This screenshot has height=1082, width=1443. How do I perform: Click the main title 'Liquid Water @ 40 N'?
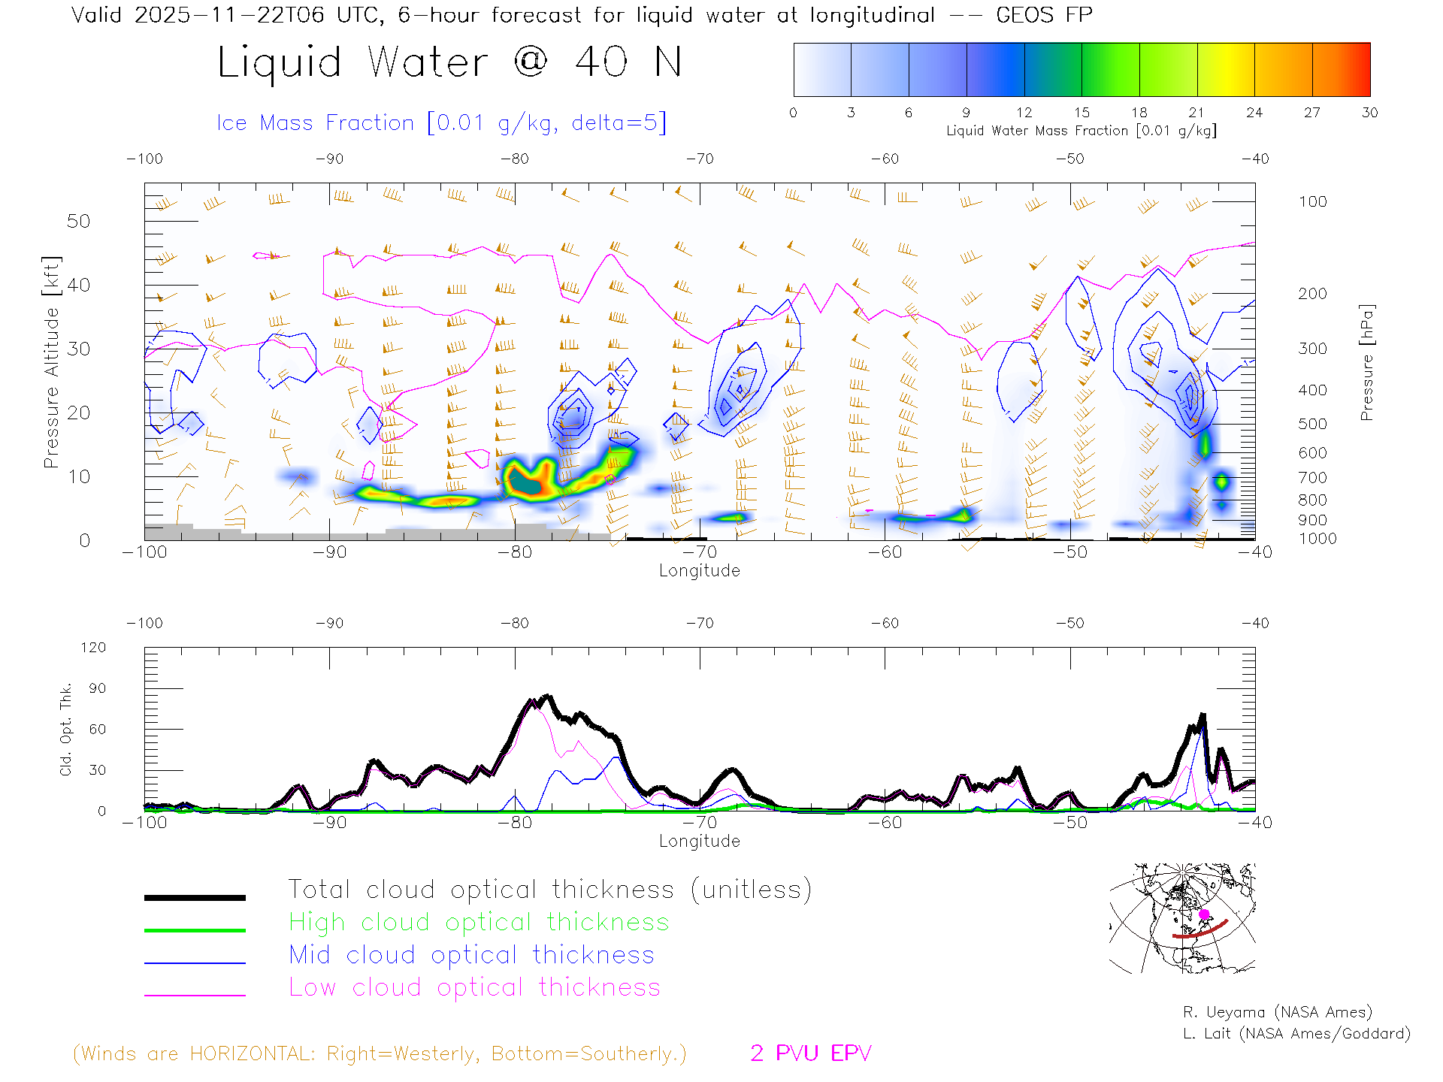click(x=449, y=62)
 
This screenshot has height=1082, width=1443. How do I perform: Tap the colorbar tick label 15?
click(x=1081, y=113)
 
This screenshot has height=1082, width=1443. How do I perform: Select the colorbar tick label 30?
click(x=1369, y=113)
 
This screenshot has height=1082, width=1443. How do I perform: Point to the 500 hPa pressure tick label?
click(x=1312, y=424)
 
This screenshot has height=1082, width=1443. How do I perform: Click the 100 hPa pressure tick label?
click(x=1312, y=201)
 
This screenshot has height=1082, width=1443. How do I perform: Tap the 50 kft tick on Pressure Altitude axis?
click(x=78, y=221)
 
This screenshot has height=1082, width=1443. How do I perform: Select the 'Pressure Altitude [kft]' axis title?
click(x=51, y=362)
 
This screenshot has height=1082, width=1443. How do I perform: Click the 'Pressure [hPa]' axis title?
click(x=1366, y=362)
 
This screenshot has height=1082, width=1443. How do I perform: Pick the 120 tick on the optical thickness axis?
click(x=94, y=647)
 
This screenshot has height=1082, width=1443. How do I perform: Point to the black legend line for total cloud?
click(x=195, y=897)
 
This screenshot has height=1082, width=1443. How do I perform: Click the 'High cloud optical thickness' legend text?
click(x=479, y=922)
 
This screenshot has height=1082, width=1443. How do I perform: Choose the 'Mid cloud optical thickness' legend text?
click(x=471, y=955)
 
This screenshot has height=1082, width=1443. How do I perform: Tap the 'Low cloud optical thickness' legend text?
click(x=474, y=987)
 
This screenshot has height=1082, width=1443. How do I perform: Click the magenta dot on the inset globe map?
click(x=1204, y=914)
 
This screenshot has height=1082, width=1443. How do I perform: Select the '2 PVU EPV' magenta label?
click(x=810, y=1053)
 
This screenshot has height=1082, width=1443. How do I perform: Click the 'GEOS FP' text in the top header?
click(x=1044, y=14)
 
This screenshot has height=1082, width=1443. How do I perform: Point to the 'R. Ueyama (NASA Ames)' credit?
click(x=1277, y=1012)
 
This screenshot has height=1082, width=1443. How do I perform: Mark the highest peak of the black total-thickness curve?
click(x=547, y=696)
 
